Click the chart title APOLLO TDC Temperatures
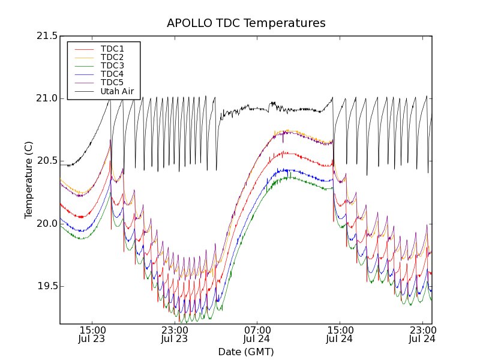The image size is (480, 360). coord(246,23)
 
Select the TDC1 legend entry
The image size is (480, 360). coord(112,49)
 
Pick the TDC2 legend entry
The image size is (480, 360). coord(112,57)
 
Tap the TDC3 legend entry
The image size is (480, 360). coord(112,65)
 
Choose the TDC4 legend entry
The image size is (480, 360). coord(112,74)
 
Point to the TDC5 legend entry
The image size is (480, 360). coord(112,82)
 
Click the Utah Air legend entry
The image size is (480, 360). coord(117,91)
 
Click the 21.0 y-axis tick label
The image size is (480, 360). coord(47,98)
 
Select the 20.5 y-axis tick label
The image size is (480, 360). coord(47,161)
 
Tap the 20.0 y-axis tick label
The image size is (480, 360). coord(47,223)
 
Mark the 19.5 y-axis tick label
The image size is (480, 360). coord(47,286)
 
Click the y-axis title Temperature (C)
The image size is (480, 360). coord(29,180)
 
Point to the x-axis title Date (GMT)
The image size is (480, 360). coord(246,352)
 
